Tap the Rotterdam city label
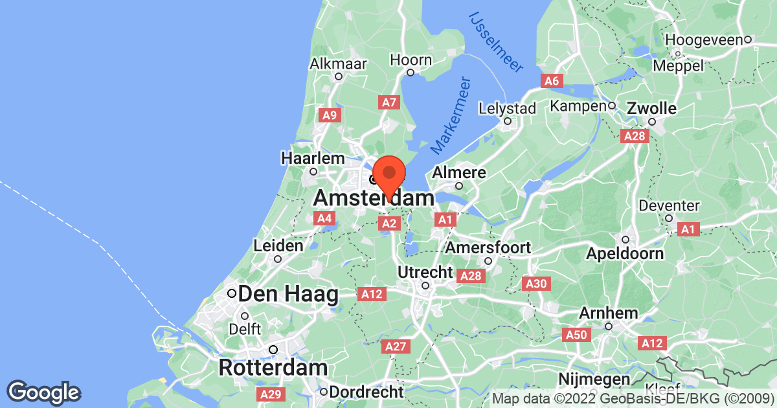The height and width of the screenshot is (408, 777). click(273, 367)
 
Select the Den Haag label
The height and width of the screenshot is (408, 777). click(288, 294)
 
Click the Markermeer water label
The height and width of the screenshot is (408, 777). click(451, 116)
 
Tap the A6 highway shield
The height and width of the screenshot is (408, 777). click(551, 81)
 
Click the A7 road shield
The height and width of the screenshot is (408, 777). click(388, 102)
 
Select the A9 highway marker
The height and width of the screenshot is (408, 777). click(330, 115)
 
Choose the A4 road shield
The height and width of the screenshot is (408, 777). click(324, 219)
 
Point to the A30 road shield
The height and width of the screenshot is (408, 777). click(535, 284)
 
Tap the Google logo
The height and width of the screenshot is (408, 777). click(44, 391)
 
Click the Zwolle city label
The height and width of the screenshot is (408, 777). click(651, 108)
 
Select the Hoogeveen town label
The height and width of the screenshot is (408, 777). click(703, 40)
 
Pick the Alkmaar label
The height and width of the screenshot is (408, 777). click(338, 63)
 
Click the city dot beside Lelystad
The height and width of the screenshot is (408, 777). click(508, 120)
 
